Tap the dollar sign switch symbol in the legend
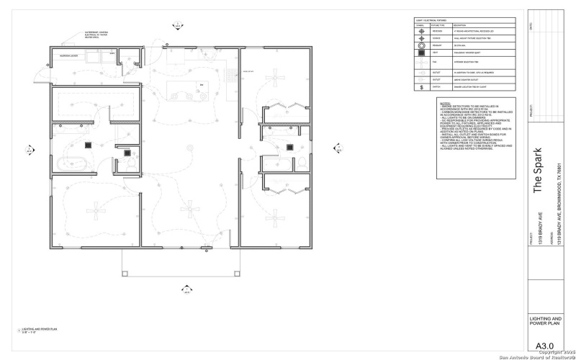tap(421, 87)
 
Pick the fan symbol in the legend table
tap(421, 63)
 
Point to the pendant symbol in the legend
tap(421, 45)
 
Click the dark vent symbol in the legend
tap(421, 54)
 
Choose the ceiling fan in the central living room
tap(190, 207)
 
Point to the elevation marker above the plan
tap(177, 26)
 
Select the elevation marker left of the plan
tap(30, 150)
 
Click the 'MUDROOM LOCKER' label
tap(68, 55)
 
